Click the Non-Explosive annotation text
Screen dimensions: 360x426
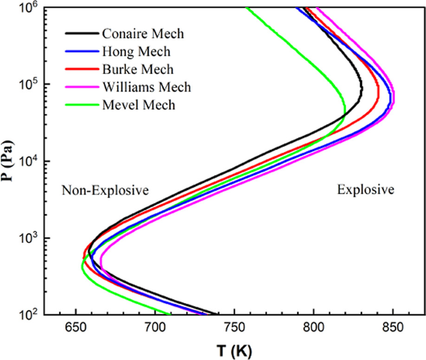(x=105, y=190)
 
